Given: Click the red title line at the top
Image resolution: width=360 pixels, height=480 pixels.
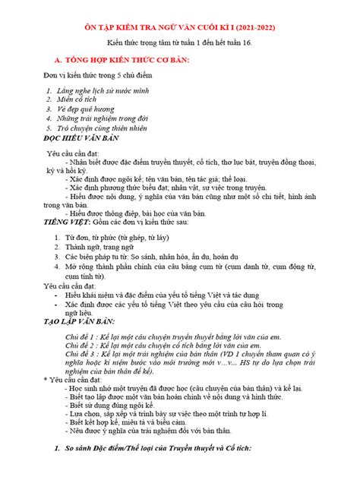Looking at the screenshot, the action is tap(179, 27).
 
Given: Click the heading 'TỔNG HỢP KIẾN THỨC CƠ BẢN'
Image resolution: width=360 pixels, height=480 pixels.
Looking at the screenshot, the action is tap(125, 59).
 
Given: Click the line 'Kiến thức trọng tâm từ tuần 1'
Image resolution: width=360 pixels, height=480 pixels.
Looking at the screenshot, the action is tap(179, 44).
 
